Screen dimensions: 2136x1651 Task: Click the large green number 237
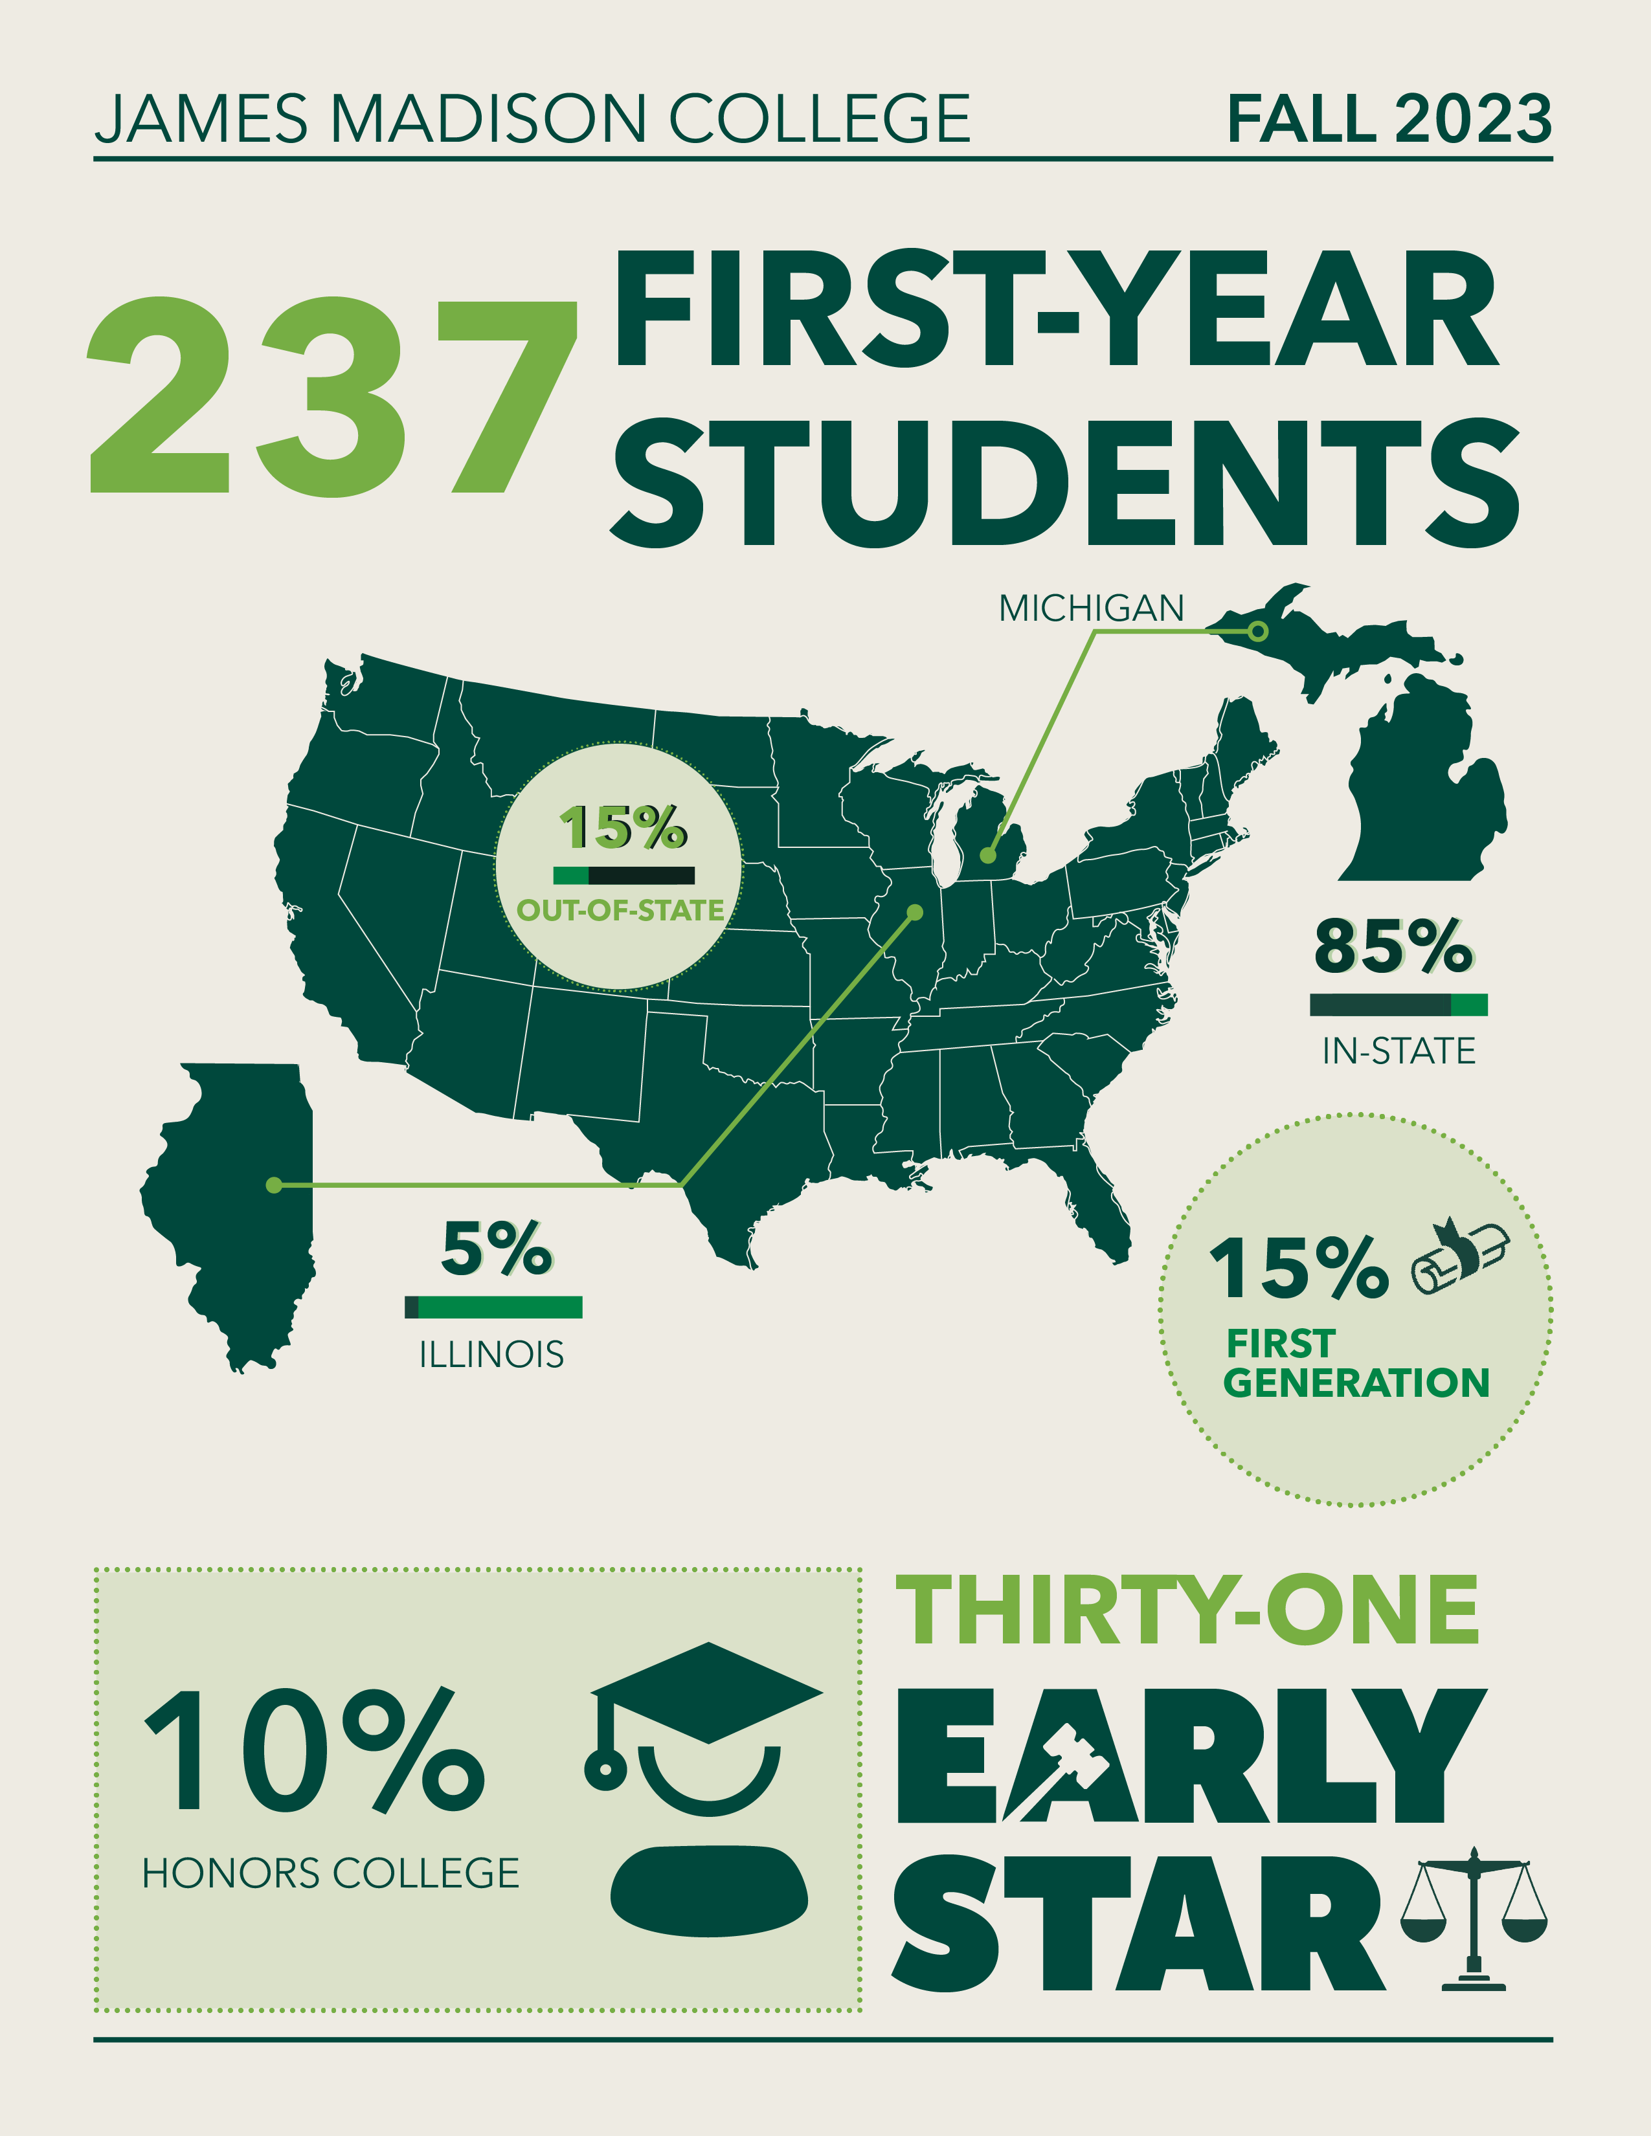(333, 396)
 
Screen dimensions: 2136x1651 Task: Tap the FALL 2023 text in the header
(1389, 119)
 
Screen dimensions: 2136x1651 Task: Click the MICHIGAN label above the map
(1090, 608)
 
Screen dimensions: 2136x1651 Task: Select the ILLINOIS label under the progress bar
(492, 1355)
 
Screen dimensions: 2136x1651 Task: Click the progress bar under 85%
(1398, 1005)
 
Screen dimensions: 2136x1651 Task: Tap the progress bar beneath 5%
(494, 1307)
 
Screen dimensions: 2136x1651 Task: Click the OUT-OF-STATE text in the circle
(620, 911)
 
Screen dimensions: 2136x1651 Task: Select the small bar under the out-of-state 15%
(624, 875)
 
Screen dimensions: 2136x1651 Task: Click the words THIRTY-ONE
(1186, 1611)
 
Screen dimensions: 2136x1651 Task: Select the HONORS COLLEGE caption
(331, 1873)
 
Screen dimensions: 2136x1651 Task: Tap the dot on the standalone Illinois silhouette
(274, 1185)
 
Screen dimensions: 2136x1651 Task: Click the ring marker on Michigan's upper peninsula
(1259, 631)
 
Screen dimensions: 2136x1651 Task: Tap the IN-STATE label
(1398, 1051)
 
